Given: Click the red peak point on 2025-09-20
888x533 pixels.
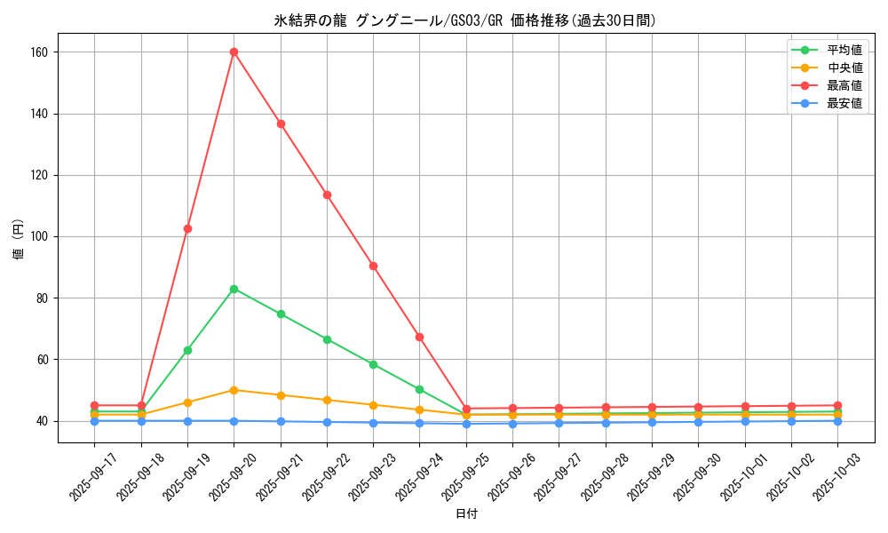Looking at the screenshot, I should click(234, 52).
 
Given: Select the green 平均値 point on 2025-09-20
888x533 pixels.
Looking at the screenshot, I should click(234, 289).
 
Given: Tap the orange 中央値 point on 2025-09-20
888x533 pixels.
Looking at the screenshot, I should click(234, 390).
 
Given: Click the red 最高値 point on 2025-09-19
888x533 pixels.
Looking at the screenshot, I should click(187, 228).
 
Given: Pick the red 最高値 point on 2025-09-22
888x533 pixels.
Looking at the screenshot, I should click(327, 195).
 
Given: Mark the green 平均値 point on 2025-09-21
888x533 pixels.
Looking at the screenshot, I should click(281, 314).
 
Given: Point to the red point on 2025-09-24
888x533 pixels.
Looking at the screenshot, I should click(419, 337).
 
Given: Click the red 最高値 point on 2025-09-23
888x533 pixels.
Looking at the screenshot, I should click(373, 266).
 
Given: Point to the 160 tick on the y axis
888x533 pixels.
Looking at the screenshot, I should click(38, 52).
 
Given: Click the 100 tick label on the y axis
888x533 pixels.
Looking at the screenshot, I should click(38, 237).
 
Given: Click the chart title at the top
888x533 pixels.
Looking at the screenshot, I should click(465, 20).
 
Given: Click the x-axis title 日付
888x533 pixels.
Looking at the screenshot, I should click(466, 514).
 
